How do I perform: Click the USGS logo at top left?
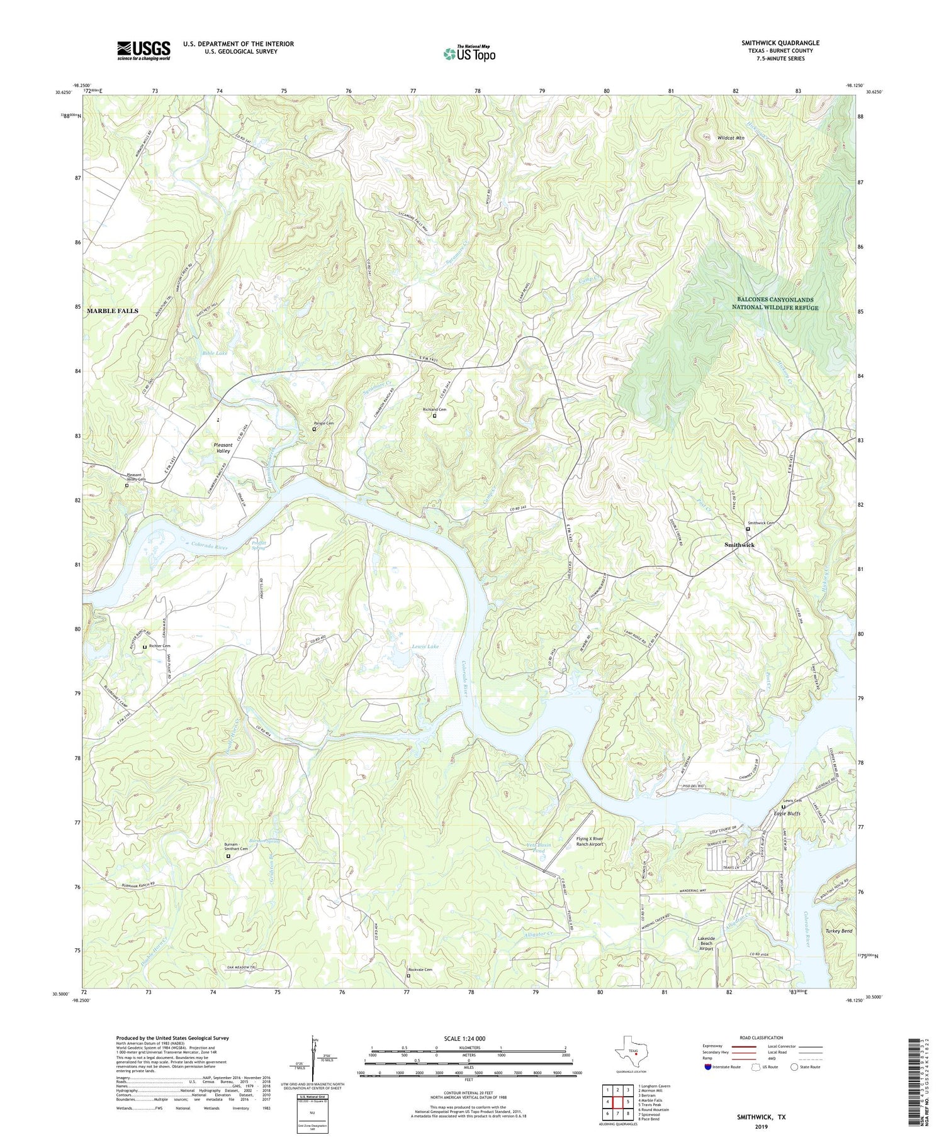pyautogui.click(x=143, y=50)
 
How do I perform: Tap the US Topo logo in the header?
pyautogui.click(x=469, y=54)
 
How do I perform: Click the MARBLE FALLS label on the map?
pyautogui.click(x=113, y=311)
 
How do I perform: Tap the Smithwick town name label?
pyautogui.click(x=739, y=545)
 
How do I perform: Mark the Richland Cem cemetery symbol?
pyautogui.click(x=434, y=416)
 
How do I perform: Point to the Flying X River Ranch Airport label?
pyautogui.click(x=590, y=841)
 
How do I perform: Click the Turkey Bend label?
pyautogui.click(x=838, y=931)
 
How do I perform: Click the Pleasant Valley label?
pyautogui.click(x=223, y=448)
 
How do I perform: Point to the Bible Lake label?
pyautogui.click(x=215, y=353)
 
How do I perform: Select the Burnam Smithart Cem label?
pyautogui.click(x=235, y=846)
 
